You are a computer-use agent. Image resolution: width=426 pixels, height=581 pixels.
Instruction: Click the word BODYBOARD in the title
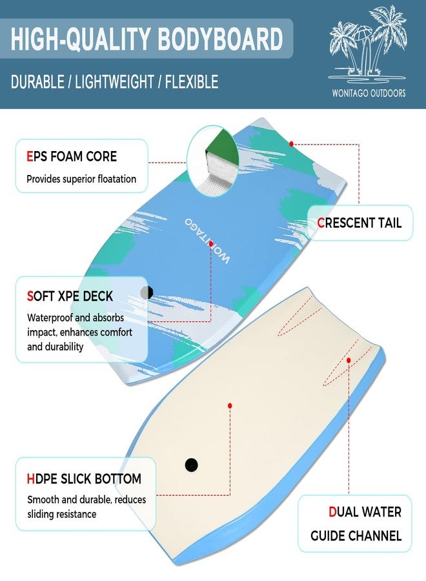click(220, 39)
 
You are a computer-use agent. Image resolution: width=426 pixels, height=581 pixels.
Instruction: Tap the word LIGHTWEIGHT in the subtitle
click(114, 82)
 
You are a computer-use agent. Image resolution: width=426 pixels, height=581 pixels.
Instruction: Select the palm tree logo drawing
click(367, 45)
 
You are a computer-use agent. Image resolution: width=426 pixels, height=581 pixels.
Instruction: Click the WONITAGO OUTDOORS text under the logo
click(369, 93)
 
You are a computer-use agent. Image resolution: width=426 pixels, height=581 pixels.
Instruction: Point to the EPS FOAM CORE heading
click(72, 156)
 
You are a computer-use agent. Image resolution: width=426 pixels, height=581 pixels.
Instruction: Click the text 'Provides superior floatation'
click(81, 179)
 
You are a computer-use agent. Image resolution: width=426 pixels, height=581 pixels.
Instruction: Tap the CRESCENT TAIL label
click(360, 223)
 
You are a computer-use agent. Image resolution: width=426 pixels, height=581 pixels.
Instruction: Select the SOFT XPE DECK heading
click(70, 296)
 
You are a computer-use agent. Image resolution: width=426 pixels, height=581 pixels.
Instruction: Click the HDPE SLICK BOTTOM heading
click(84, 479)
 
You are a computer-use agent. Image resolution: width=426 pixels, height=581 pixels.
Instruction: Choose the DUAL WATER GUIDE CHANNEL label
click(356, 524)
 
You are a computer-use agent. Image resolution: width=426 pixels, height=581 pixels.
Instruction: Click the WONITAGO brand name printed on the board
click(207, 241)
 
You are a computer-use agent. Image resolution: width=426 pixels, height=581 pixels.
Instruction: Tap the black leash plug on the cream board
click(191, 465)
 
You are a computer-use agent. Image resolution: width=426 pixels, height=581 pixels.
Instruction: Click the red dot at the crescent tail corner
click(292, 144)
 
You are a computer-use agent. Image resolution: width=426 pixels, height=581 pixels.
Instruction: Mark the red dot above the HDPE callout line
click(230, 406)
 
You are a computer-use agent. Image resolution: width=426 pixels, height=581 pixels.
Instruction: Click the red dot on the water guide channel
click(349, 360)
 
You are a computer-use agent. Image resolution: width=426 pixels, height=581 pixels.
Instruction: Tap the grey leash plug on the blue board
click(147, 292)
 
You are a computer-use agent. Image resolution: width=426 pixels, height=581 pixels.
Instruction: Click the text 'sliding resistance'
click(61, 515)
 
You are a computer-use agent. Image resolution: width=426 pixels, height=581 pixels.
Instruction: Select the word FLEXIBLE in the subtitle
click(192, 82)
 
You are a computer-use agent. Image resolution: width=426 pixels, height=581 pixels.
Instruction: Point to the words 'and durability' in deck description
click(56, 347)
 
